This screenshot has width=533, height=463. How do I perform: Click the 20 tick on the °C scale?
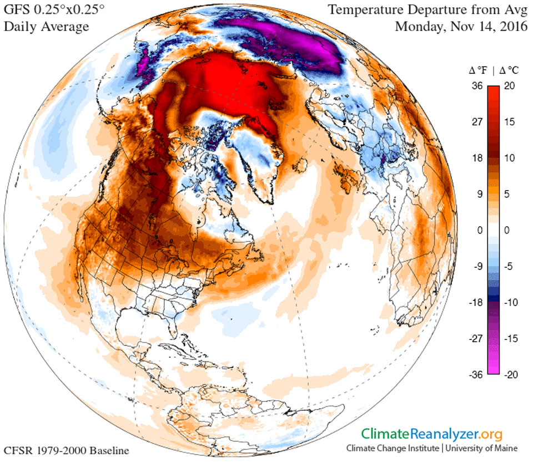point(512,85)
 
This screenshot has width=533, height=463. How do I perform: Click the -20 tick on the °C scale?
point(512,374)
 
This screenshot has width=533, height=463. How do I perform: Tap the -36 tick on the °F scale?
point(475,374)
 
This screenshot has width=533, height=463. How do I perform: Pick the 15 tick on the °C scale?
point(512,121)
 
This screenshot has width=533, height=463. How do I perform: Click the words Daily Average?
point(46,27)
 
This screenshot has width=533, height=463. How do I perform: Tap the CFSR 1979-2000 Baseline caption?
point(67,450)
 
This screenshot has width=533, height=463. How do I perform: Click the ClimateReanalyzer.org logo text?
point(433,434)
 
